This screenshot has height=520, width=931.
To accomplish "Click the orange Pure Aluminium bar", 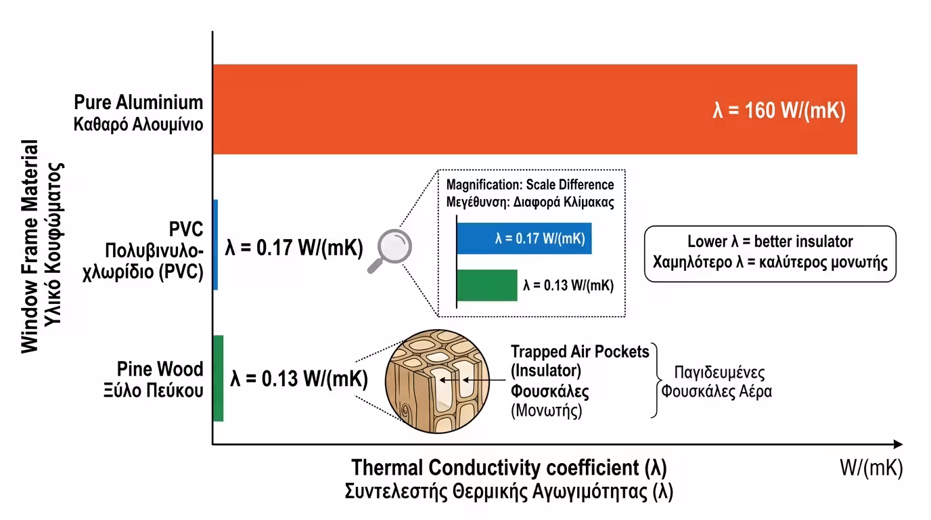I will click(x=474, y=109).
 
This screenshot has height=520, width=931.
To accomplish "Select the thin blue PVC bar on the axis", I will click(x=215, y=244).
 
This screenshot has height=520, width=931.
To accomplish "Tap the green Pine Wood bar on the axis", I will click(x=218, y=378).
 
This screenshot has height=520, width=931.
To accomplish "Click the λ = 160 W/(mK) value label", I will click(x=779, y=110).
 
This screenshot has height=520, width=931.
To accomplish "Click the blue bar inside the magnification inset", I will click(x=524, y=238).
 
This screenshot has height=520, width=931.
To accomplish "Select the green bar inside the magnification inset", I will click(x=487, y=285).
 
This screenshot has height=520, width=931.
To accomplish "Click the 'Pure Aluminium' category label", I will click(x=139, y=103).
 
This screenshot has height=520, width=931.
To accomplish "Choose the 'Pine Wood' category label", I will click(x=160, y=370).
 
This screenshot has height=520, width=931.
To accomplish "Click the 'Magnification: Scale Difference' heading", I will click(x=530, y=185).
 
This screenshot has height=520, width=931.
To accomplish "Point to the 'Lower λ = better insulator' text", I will click(x=770, y=242).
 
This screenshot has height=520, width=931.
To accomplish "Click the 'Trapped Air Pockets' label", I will click(x=580, y=351).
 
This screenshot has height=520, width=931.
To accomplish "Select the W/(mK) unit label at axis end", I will click(x=871, y=468).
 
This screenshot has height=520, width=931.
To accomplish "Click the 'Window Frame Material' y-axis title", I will click(x=30, y=247).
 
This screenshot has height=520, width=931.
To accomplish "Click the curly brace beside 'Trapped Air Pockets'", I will click(x=655, y=379).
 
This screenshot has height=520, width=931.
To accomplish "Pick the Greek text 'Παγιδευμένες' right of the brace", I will click(x=719, y=373).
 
